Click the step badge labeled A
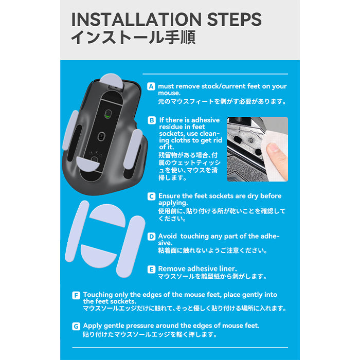(x=151, y=86)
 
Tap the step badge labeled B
(x=152, y=120)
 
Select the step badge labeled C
(x=151, y=196)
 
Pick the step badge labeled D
(x=151, y=237)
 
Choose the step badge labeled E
(x=151, y=269)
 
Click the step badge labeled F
(x=76, y=295)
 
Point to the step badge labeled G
(x=76, y=326)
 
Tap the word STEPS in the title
(x=235, y=20)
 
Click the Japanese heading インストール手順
(x=133, y=38)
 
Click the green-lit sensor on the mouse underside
(x=108, y=114)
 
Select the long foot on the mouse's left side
(x=70, y=130)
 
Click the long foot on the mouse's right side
(x=133, y=149)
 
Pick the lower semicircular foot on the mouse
(x=87, y=164)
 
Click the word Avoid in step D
(x=167, y=236)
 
